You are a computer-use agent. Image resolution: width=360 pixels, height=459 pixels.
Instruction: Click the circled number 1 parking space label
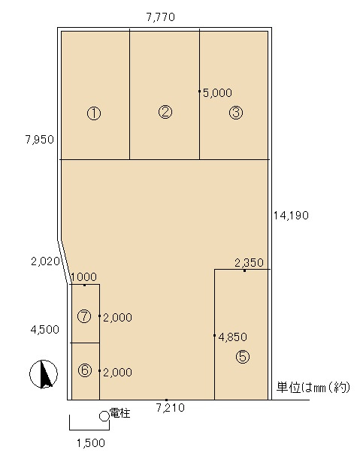tap(94, 113)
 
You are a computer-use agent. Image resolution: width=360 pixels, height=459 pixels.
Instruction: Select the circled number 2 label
tap(165, 112)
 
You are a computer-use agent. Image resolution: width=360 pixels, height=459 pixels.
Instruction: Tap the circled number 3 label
tap(236, 113)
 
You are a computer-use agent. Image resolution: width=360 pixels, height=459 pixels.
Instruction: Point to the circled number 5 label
tap(243, 357)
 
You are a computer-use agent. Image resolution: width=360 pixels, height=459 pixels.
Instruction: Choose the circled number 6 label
tap(85, 370)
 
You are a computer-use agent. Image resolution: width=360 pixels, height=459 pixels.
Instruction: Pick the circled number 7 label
tap(84, 316)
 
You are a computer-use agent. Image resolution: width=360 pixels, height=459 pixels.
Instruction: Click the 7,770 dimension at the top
tap(161, 17)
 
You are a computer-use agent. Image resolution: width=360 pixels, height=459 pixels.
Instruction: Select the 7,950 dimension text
tap(40, 140)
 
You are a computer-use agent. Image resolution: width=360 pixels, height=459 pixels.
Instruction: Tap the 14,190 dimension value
tap(291, 216)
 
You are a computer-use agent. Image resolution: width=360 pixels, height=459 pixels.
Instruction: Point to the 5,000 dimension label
tap(217, 93)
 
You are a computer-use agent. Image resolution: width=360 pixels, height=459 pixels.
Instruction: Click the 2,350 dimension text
tap(249, 263)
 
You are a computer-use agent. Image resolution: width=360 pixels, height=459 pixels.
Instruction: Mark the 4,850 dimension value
tap(233, 337)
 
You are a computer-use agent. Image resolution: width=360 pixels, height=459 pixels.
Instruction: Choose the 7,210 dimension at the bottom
tap(171, 407)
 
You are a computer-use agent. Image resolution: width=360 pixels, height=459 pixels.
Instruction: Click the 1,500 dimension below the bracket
tap(91, 443)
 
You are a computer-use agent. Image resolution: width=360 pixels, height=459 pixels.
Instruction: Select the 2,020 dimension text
tap(45, 261)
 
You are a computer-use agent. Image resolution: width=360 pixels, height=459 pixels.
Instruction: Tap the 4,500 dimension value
tap(45, 329)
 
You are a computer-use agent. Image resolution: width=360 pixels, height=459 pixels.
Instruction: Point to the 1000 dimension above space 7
tap(83, 276)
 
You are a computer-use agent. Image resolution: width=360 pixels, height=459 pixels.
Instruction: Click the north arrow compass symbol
tap(44, 374)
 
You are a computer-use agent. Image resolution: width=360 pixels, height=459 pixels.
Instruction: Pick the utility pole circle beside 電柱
tap(104, 416)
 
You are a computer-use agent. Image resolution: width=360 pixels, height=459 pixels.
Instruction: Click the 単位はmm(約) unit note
tap(313, 388)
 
